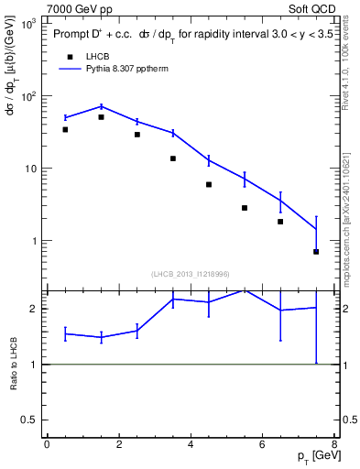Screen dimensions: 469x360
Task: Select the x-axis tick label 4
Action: [191, 445]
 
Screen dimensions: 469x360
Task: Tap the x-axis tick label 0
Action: [47, 445]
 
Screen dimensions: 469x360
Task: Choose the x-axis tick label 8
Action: [334, 445]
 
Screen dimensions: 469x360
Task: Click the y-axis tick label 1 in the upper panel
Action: [33, 241]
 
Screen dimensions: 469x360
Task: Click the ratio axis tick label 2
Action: [33, 309]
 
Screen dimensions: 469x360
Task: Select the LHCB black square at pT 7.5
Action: [316, 251]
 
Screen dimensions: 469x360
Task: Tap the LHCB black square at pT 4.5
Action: [209, 184]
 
